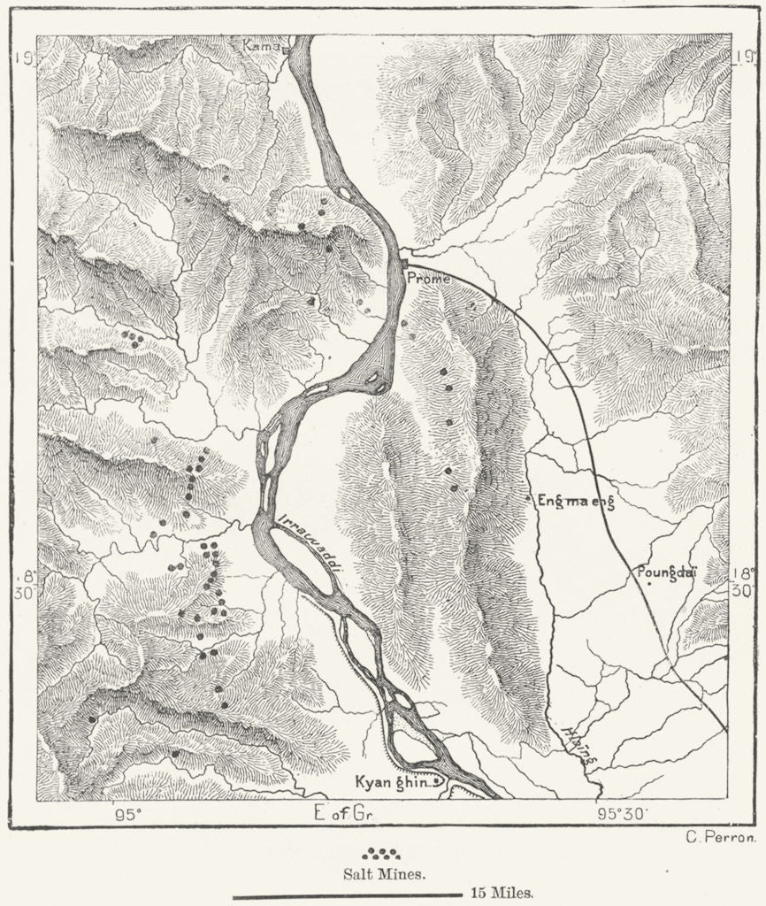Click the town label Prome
click(428, 279)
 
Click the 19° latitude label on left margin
click(24, 58)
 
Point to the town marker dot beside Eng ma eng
click(529, 499)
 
